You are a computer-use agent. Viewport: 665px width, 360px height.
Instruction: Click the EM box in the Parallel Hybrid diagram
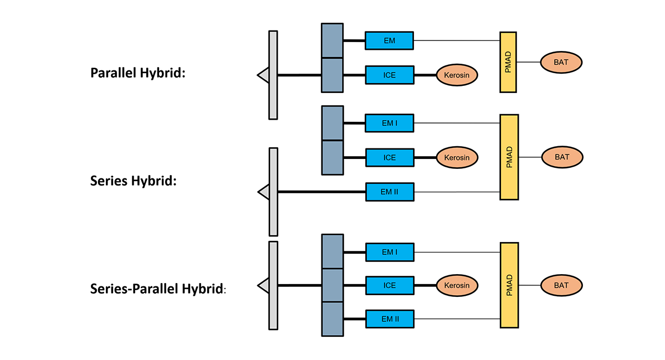389,40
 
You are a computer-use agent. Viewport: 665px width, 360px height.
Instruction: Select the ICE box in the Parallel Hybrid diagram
389,75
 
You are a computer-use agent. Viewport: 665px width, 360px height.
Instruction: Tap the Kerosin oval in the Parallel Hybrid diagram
457,75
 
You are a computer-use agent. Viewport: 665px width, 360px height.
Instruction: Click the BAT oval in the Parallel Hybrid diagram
561,62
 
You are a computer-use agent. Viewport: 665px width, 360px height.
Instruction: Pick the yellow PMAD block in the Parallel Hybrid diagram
508,62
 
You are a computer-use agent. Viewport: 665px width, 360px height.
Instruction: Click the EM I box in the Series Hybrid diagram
389,123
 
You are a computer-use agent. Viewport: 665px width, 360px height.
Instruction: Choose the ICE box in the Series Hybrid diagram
389,157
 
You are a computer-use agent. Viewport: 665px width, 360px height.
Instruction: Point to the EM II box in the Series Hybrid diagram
389,192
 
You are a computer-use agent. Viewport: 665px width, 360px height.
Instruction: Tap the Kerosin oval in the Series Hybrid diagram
457,157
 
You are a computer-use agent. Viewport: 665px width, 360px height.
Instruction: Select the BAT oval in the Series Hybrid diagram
562,157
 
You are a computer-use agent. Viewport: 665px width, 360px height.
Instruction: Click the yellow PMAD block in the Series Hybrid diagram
509,157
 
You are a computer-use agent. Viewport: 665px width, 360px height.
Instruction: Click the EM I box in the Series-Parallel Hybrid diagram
389,252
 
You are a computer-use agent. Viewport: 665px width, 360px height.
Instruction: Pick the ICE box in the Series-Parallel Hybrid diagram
389,285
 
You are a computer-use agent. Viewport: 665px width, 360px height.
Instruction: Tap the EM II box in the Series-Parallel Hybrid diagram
389,319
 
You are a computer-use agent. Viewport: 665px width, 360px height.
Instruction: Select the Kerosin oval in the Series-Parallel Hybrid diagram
457,285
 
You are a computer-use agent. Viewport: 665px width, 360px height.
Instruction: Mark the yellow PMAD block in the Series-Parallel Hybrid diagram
509,285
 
